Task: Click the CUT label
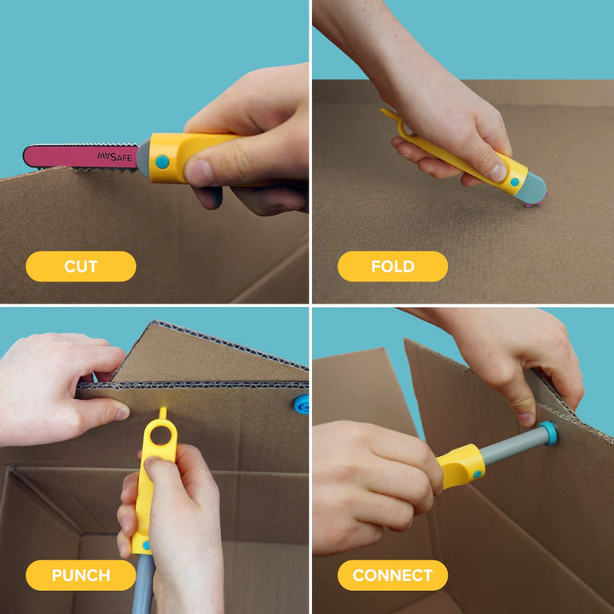[81, 266]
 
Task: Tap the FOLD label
[392, 266]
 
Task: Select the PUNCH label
[81, 575]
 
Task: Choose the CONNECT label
[392, 575]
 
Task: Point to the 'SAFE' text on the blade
[120, 157]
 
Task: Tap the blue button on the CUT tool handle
[162, 161]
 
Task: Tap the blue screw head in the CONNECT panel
[547, 432]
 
